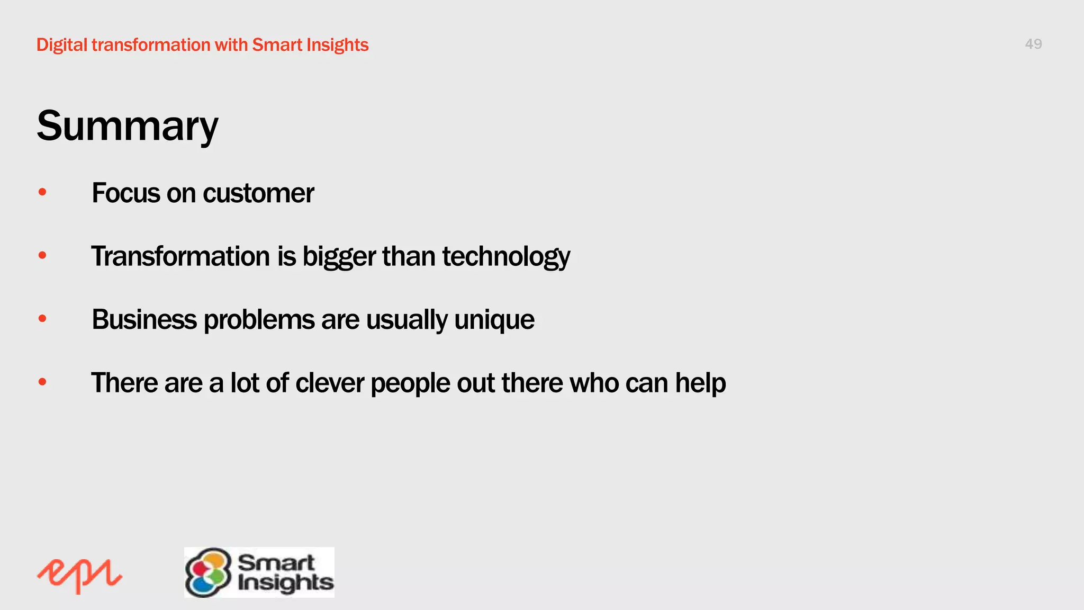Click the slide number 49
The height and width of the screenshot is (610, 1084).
1033,44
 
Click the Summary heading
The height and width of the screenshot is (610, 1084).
127,126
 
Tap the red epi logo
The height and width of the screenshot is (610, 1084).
79,576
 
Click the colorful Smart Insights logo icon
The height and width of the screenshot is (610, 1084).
208,572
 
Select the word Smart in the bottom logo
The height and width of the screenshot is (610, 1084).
276,562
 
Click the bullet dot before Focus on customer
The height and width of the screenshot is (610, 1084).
42,192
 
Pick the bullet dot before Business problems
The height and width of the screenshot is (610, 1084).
42,319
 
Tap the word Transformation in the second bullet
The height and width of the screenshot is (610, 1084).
180,256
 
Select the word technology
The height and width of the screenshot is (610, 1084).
506,256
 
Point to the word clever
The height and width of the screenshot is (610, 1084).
329,383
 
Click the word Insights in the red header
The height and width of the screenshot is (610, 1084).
337,45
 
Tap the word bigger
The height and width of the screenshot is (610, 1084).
339,257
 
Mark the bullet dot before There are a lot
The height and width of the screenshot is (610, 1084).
42,382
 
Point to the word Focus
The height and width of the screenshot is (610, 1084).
125,193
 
